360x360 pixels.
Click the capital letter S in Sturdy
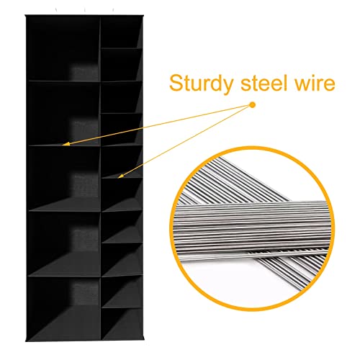pos(176,82)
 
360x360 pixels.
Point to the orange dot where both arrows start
pos(252,105)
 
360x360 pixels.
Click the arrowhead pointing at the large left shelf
pos(66,144)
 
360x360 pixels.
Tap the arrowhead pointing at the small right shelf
pos(120,176)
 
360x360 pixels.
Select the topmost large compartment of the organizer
pos(64,48)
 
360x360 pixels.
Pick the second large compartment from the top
pos(64,113)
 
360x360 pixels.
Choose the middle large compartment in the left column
pos(64,179)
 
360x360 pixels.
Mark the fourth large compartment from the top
pos(64,244)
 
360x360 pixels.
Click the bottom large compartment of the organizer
pos(64,308)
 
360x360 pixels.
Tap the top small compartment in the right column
pos(122,32)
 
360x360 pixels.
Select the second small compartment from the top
pos(122,65)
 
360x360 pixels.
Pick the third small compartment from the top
pos(122,97)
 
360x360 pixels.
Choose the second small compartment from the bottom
pos(122,292)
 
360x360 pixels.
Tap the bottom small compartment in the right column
pos(122,324)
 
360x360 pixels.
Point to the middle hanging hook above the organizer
pos(85,10)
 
